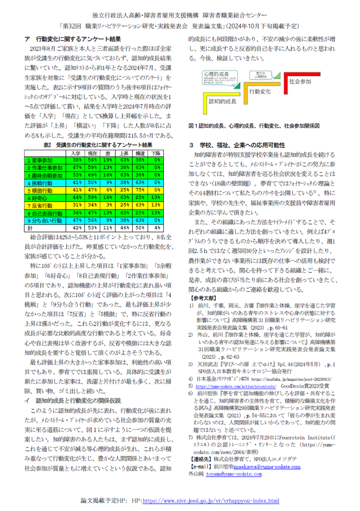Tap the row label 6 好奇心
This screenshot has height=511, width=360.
(38, 197)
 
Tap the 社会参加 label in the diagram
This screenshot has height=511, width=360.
(300, 81)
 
